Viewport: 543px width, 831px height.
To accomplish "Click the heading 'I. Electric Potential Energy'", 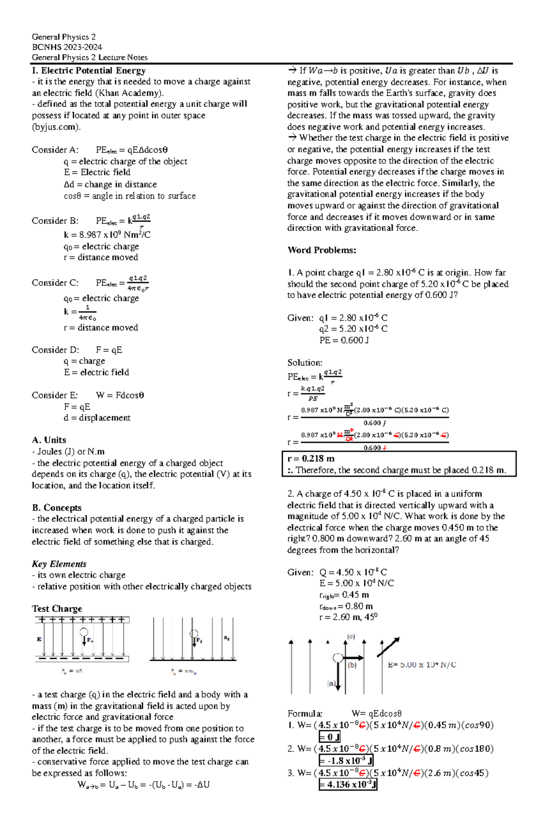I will click(89, 71).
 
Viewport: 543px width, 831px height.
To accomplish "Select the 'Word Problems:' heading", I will click(322, 250).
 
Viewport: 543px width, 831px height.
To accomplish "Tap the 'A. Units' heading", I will click(49, 440).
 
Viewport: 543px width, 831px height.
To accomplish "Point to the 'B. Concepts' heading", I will click(57, 508).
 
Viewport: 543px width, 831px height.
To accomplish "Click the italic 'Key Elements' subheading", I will click(59, 564).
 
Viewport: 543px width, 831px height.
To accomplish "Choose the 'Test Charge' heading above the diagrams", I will click(57, 609).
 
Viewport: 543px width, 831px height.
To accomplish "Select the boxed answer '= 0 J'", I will click(329, 737).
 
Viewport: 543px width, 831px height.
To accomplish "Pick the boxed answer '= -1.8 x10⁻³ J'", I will click(346, 761).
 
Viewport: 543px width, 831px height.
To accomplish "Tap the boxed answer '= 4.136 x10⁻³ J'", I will click(348, 784).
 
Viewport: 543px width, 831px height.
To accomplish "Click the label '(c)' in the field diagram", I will click(351, 637).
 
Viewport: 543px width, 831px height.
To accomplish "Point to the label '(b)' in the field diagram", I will click(352, 665).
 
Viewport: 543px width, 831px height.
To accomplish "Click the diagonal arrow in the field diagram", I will click(388, 647).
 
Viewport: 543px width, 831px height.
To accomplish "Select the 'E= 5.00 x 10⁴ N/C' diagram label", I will click(422, 665).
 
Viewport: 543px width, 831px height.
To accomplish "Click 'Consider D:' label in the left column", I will click(55, 350).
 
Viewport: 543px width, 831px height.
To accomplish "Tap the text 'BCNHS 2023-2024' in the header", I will click(67, 47).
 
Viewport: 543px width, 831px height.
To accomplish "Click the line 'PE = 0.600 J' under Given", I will click(344, 340).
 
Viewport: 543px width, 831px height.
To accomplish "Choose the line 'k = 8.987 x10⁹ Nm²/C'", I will click(107, 235).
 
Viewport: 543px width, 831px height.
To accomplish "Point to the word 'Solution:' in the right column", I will click(305, 363).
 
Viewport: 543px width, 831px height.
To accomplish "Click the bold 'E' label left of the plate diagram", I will click(39, 639).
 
